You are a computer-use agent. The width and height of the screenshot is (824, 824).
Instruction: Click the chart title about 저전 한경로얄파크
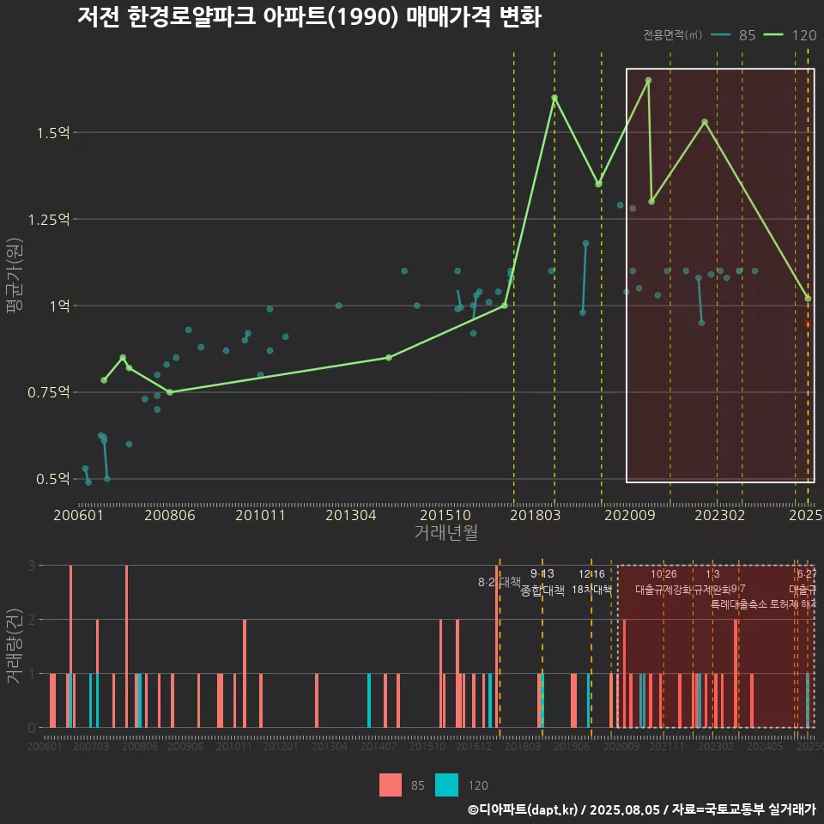coord(309,17)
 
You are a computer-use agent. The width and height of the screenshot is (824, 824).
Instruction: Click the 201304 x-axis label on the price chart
coord(348,516)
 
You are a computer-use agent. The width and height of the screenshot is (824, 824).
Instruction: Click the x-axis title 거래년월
coord(445,533)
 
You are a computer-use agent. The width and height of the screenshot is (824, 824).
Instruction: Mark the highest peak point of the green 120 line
coord(648,80)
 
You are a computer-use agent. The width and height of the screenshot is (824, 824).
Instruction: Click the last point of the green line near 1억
coord(808,299)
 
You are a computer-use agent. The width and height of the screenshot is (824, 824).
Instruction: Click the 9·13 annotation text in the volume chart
coord(542,573)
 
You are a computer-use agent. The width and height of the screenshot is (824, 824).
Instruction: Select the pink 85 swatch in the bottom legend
coord(391,785)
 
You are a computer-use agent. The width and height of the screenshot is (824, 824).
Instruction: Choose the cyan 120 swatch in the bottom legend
coord(446,785)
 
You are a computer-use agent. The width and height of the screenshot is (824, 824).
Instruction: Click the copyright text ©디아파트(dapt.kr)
coord(524,809)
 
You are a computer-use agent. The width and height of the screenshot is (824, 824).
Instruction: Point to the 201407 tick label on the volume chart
coord(379,748)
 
